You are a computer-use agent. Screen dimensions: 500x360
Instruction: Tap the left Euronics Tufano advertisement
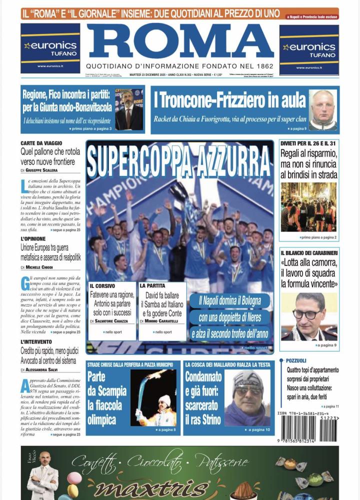(x=50, y=48)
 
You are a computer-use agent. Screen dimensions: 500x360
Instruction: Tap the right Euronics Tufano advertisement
(x=308, y=49)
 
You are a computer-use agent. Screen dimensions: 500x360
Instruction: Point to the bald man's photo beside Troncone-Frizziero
(x=322, y=110)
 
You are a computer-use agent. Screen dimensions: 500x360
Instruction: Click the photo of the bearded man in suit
(x=129, y=110)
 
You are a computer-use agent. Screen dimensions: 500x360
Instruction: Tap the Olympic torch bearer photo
(x=153, y=398)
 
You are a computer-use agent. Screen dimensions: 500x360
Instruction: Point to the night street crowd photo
(x=308, y=207)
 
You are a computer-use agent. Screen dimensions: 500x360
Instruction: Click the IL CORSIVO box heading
(x=102, y=285)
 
